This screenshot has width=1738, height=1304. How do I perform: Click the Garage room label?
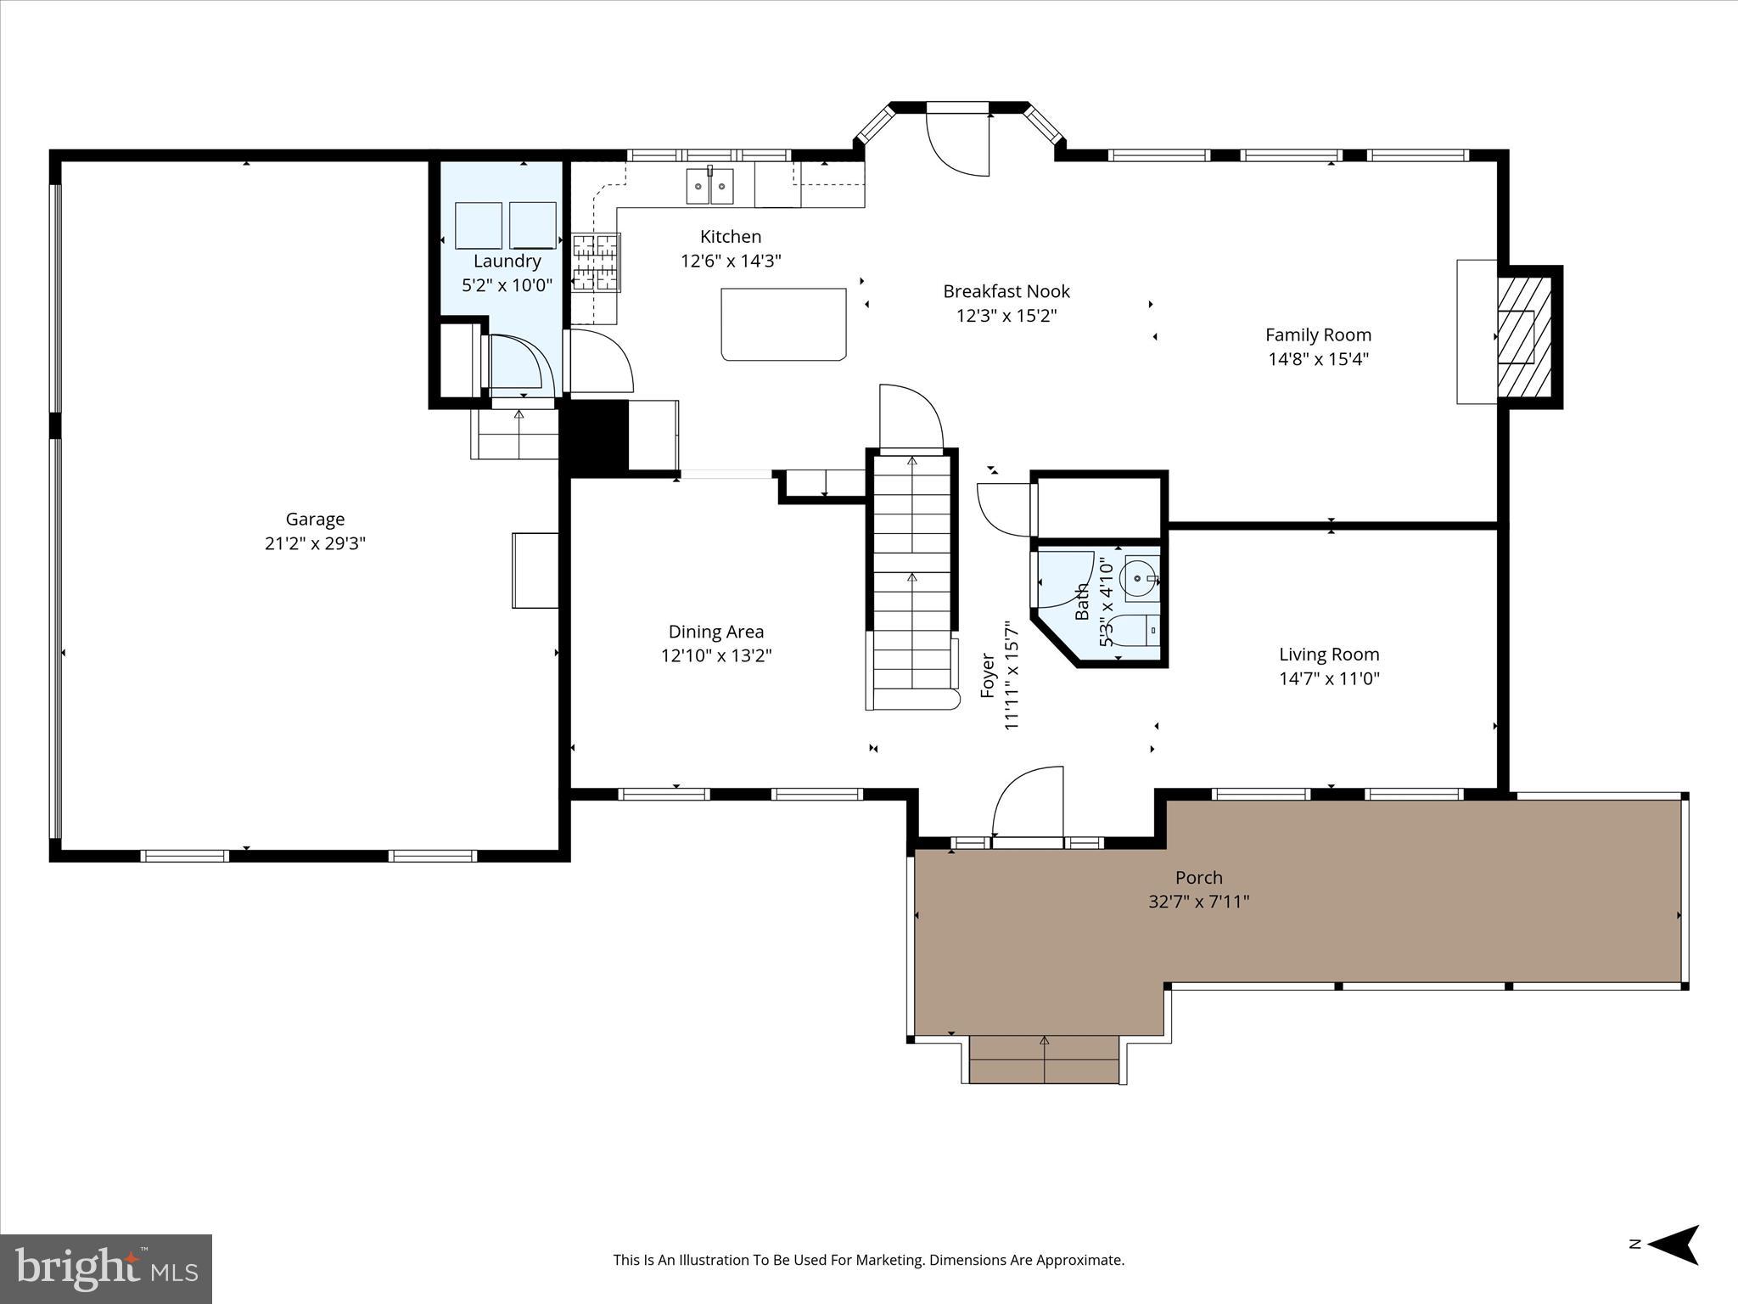pyautogui.click(x=315, y=519)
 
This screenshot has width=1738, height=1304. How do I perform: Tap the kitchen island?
pyautogui.click(x=783, y=324)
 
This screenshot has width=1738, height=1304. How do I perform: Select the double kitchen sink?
pyautogui.click(x=709, y=187)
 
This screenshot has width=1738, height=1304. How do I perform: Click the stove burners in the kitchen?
pyautogui.click(x=596, y=263)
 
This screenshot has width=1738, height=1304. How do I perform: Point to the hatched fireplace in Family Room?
pyautogui.click(x=1523, y=337)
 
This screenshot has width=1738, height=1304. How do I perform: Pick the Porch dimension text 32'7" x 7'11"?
pyautogui.click(x=1198, y=902)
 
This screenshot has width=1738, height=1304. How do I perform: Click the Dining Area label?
pyautogui.click(x=715, y=632)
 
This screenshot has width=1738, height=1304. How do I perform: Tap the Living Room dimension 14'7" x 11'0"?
pyautogui.click(x=1329, y=678)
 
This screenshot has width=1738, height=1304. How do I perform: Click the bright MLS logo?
pyautogui.click(x=106, y=1268)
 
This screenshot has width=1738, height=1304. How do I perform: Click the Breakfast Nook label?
pyautogui.click(x=1006, y=291)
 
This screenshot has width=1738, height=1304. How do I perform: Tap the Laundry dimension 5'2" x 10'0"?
pyautogui.click(x=507, y=285)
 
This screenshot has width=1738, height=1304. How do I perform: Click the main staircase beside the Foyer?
pyautogui.click(x=912, y=577)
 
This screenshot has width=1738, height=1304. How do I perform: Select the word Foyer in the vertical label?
pyautogui.click(x=988, y=675)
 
